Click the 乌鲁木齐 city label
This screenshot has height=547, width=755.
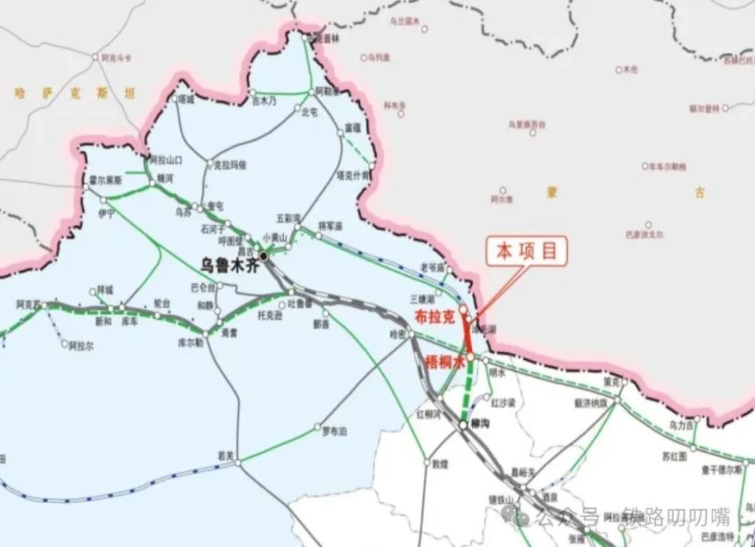coord(230,265)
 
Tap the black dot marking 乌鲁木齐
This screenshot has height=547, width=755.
coord(264,255)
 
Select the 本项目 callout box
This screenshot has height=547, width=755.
coord(526,251)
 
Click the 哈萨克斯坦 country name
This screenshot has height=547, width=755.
coord(75,94)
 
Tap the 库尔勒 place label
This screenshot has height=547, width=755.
coord(190,343)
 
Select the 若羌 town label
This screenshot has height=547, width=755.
coord(226,455)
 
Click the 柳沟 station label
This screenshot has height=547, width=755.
coord(479,423)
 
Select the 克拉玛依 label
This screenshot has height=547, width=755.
coord(230,165)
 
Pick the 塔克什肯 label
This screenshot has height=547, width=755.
coord(352,176)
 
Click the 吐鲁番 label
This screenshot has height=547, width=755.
coord(300,303)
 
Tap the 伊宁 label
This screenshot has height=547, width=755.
coord(106,213)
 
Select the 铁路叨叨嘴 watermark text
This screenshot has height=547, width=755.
coord(676,516)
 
